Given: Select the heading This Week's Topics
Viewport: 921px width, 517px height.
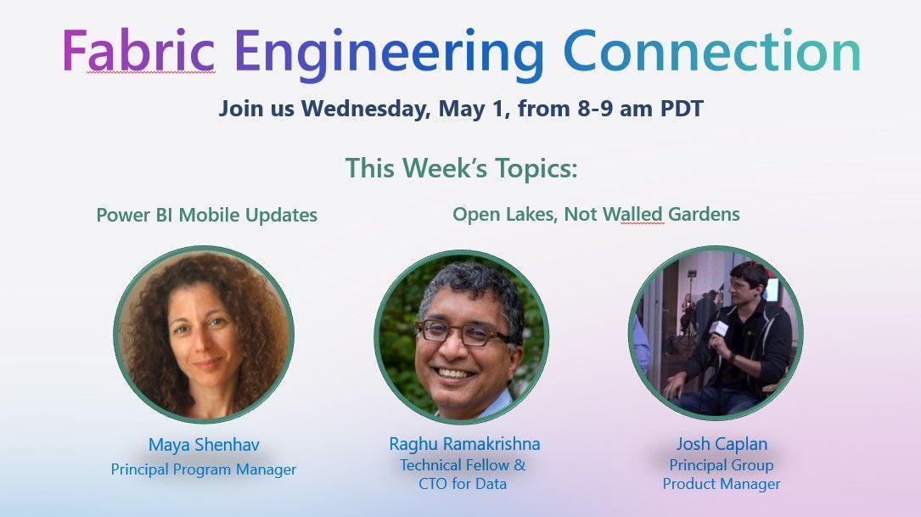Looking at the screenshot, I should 461,167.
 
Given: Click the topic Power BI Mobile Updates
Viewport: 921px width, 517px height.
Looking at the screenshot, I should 206,215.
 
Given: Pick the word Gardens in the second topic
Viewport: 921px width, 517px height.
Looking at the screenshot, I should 704,214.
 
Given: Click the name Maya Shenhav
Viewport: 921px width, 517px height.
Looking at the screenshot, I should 204,445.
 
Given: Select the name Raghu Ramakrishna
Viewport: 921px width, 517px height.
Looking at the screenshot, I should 464,444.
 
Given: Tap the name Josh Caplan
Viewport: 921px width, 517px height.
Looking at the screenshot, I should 721,444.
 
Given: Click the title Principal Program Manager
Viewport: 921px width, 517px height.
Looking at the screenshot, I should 204,469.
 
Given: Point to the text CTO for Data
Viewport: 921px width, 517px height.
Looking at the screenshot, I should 463,484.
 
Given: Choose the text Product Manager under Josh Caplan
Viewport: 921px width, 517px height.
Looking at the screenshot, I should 722,484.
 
